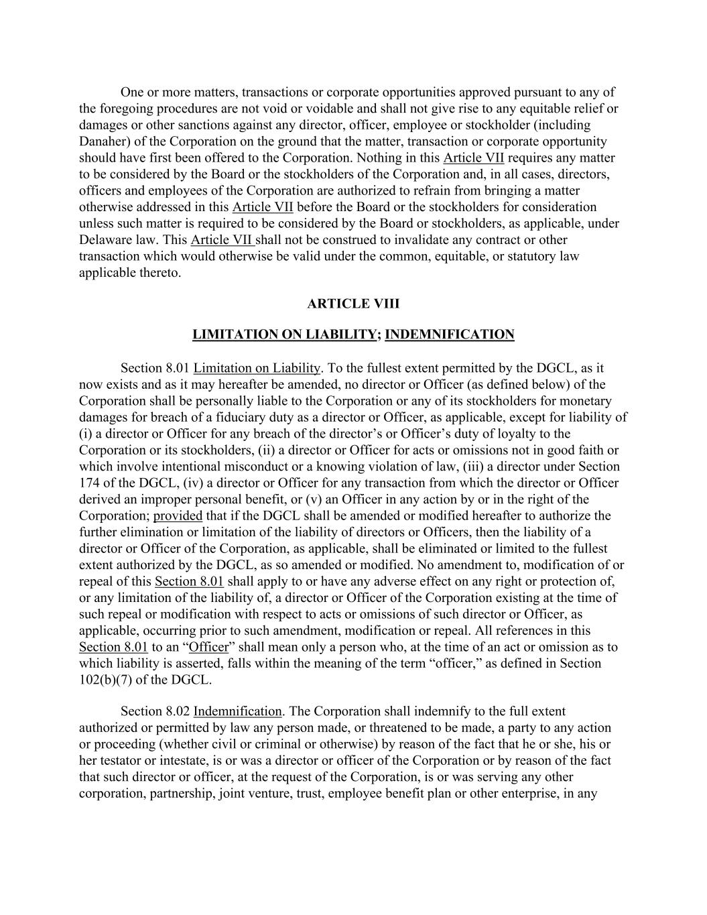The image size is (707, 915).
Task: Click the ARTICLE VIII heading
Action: click(x=353, y=304)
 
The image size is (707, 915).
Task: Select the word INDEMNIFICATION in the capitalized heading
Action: click(x=450, y=334)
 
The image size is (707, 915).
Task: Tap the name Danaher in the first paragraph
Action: click(x=102, y=141)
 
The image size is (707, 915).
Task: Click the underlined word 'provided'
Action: click(x=178, y=516)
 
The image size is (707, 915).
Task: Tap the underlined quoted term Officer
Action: click(x=208, y=648)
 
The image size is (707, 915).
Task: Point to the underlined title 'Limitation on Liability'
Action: click(x=257, y=368)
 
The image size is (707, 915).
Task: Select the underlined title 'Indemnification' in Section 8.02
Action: click(x=237, y=711)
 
